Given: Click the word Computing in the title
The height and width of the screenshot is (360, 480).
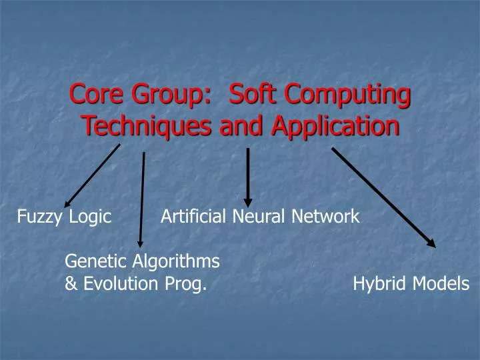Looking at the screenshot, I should click(347, 95).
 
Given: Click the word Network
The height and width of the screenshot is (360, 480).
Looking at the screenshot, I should click(325, 216).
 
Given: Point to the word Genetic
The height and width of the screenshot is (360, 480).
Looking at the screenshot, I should click(91, 261).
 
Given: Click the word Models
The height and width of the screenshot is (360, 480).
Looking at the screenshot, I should click(440, 284).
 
